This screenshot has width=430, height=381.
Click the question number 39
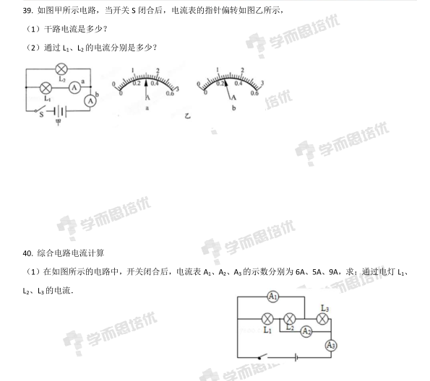click(27, 10)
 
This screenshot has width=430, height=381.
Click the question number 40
click(27, 253)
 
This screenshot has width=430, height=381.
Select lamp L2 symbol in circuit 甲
click(61, 69)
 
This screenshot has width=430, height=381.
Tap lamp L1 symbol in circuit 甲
click(46, 88)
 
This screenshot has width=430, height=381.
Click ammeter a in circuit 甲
click(74, 87)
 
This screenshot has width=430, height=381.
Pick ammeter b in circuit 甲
click(90, 101)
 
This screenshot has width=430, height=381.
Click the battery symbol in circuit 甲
click(60, 111)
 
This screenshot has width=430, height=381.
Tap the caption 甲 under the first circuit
click(58, 122)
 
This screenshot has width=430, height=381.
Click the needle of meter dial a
click(146, 87)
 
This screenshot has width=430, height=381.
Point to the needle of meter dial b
click(227, 89)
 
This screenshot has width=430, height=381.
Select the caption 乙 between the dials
click(188, 116)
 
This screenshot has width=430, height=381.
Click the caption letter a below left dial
click(147, 108)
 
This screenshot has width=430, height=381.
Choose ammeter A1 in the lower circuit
click(272, 297)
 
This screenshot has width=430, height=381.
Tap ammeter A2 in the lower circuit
click(306, 332)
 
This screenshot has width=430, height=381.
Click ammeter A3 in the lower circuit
click(331, 345)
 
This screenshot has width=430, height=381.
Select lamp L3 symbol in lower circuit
click(322, 319)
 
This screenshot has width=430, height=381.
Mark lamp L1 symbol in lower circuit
click(267, 319)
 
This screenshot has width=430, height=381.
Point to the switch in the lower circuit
click(263, 356)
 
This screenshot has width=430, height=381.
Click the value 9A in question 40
click(333, 272)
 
